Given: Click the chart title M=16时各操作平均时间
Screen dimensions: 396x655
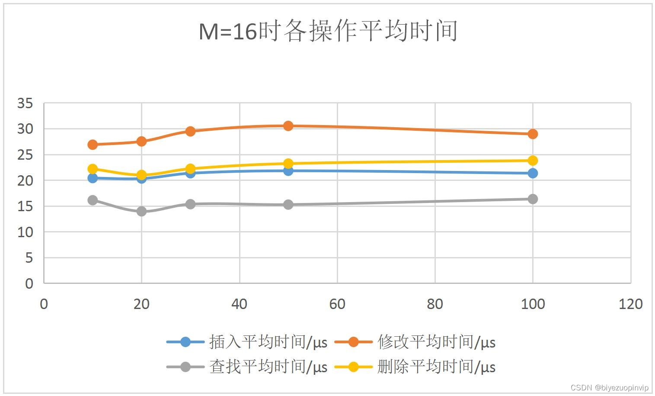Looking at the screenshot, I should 328,31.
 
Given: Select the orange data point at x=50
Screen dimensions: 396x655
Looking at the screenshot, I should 288,126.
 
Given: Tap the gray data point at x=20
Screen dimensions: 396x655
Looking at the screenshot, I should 141,211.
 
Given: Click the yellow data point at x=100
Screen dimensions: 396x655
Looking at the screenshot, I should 533,161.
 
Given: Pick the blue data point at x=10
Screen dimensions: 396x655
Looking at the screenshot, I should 93,178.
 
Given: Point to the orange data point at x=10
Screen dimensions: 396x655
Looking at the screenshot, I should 93,145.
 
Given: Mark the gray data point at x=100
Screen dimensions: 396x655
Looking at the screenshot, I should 533,199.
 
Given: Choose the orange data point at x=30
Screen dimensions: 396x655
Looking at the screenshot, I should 190,131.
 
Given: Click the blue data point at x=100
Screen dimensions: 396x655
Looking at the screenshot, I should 533,173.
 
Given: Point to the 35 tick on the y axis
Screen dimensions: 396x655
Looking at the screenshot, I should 25,103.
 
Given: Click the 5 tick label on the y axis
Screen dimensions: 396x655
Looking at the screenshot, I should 29,258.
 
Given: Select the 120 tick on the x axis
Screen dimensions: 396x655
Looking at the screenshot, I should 630,304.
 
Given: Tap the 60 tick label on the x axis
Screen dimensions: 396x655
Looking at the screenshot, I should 337,304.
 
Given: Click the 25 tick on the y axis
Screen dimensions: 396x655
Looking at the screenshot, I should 25,155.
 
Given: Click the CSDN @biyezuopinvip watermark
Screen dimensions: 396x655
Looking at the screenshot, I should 610,388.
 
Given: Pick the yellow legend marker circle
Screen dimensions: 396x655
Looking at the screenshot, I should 354,367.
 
